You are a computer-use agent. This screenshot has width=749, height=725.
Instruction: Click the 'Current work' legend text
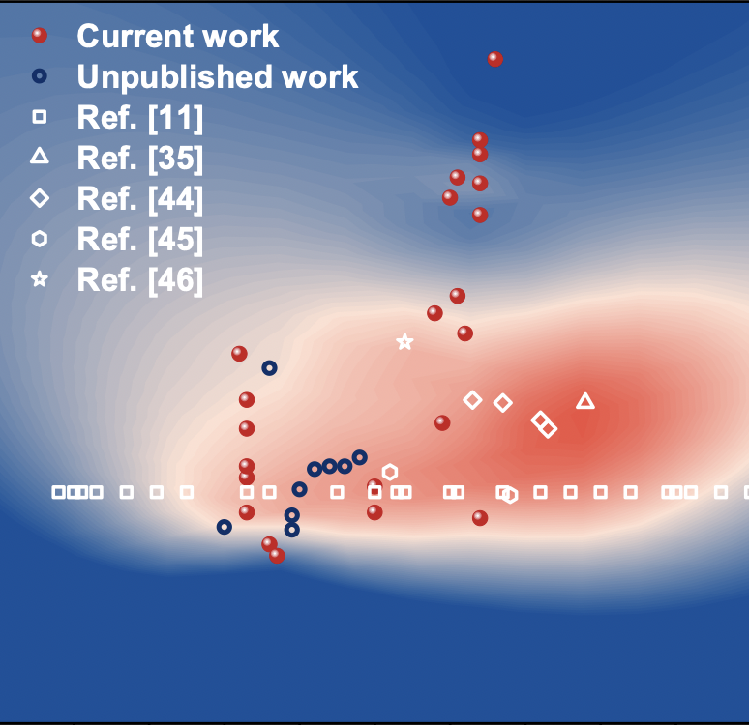pos(178,37)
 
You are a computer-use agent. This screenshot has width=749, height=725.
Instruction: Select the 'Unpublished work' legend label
pos(218,76)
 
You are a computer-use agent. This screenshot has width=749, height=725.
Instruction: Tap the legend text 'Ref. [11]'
pos(140,117)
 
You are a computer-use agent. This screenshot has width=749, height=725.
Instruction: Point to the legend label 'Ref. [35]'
pos(140,158)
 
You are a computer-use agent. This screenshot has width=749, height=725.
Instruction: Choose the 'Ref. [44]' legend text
pos(140,198)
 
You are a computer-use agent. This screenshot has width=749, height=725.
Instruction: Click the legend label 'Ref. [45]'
pos(140,239)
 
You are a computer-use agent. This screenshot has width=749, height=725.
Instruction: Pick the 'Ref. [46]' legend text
pos(140,279)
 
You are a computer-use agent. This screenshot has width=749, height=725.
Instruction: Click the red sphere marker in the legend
pos(40,36)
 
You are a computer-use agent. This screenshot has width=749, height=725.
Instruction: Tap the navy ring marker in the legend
pos(40,76)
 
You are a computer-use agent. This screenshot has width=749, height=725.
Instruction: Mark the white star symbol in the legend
pos(40,279)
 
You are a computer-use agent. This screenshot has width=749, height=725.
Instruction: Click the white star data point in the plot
pos(404,342)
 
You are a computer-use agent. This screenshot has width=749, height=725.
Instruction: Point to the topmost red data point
pos(495,59)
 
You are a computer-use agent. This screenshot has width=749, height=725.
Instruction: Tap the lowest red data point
pos(277,556)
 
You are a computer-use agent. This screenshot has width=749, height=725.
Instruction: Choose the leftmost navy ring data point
pos(225,527)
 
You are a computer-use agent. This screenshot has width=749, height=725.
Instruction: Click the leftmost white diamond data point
pos(472,400)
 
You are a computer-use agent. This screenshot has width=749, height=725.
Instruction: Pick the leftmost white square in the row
pos(58,493)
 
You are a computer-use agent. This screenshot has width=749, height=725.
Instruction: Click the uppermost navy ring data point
pos(269,368)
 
